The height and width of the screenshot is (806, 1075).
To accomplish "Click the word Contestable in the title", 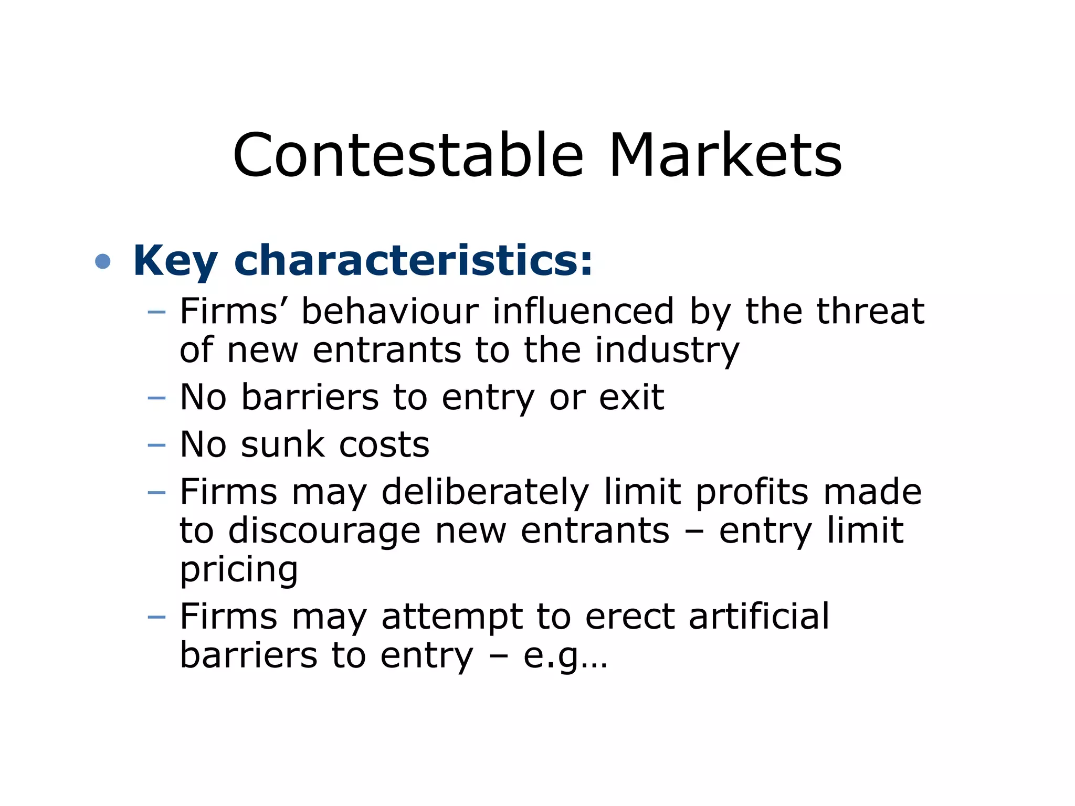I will click(408, 156).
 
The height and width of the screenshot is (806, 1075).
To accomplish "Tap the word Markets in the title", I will click(725, 156).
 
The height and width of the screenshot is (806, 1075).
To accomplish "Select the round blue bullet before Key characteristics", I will click(103, 261).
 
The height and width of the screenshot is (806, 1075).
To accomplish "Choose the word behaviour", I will click(390, 311).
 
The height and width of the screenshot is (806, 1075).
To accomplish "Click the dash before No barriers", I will click(156, 398).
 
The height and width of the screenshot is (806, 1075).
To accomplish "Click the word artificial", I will click(759, 616).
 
